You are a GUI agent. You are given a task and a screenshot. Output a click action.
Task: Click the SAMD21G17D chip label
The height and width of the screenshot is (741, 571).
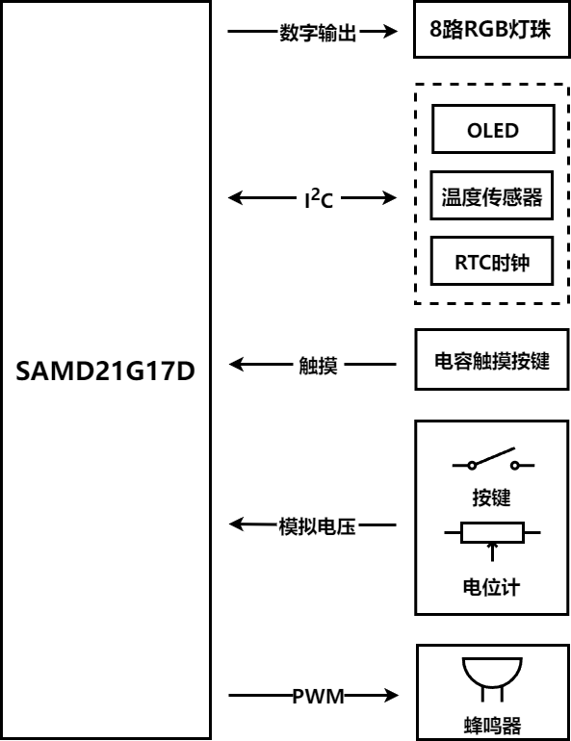click(x=105, y=370)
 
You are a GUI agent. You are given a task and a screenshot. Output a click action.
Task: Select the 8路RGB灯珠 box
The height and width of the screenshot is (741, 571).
click(x=492, y=29)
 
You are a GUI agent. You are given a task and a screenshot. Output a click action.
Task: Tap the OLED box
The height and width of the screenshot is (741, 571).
click(x=493, y=129)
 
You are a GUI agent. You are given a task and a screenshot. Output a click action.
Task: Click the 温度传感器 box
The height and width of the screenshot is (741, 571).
click(x=492, y=195)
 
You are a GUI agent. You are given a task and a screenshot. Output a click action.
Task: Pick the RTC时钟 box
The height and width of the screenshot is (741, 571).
click(x=492, y=262)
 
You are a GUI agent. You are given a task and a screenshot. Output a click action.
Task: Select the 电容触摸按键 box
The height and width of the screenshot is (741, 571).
click(x=492, y=360)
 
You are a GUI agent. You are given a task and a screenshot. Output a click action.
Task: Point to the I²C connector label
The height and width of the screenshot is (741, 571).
click(x=319, y=198)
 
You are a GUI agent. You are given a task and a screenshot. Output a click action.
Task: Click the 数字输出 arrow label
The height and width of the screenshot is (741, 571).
click(x=318, y=33)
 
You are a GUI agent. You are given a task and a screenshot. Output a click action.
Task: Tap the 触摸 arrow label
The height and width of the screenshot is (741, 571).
click(x=318, y=366)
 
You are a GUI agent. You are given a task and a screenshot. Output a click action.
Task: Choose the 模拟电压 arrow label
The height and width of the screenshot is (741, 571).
click(x=317, y=526)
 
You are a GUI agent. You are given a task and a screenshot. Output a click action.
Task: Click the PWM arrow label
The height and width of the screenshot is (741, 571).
click(x=318, y=696)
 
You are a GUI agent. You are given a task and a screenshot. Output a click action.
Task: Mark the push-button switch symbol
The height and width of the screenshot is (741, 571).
click(x=493, y=459)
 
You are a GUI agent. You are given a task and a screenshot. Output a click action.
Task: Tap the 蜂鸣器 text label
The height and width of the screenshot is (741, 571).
click(x=492, y=726)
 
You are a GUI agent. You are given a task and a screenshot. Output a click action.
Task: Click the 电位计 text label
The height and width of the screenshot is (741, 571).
click(x=492, y=587)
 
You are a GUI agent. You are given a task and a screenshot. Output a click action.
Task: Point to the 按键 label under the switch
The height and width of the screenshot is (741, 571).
click(x=492, y=498)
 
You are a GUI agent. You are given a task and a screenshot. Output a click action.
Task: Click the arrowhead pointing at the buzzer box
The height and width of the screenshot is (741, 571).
click(x=391, y=695)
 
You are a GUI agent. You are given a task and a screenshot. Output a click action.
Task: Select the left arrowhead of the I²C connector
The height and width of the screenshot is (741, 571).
click(x=236, y=197)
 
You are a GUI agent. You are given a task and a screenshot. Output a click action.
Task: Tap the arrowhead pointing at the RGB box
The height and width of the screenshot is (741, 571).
click(x=390, y=32)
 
